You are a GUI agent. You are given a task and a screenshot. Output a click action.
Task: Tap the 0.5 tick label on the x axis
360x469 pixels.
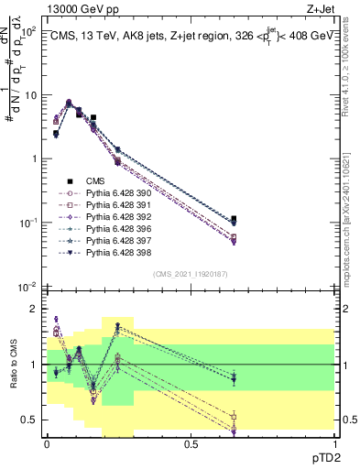191,443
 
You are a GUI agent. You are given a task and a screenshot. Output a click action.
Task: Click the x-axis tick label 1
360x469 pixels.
335,443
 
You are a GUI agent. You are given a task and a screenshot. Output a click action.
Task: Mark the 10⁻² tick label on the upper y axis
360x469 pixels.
27,287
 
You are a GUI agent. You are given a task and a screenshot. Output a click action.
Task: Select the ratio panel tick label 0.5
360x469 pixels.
30,420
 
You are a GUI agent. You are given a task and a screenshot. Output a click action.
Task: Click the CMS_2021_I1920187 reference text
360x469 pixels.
191,274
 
